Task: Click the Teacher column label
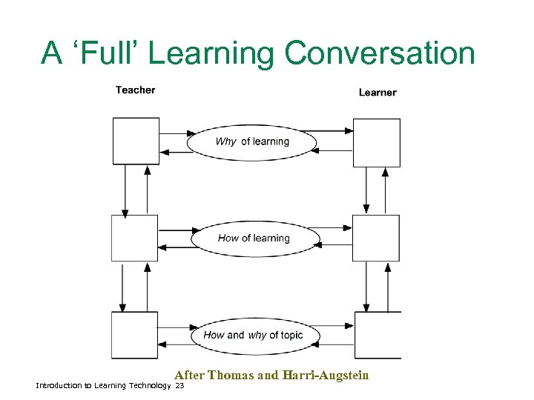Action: pyautogui.click(x=135, y=90)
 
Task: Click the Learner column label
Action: pyautogui.click(x=378, y=93)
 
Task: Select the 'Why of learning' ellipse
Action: pyautogui.click(x=251, y=141)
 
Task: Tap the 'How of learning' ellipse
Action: pyautogui.click(x=255, y=239)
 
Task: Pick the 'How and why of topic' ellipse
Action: pyautogui.click(x=253, y=336)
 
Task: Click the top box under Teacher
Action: pyautogui.click(x=135, y=141)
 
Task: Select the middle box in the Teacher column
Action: pyautogui.click(x=134, y=239)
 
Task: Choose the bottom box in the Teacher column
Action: pyautogui.click(x=134, y=335)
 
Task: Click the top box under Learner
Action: pyautogui.click(x=376, y=142)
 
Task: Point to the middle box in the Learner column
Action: pyautogui.click(x=375, y=239)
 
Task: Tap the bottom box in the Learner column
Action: pyautogui.click(x=378, y=335)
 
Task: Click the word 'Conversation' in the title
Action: pyautogui.click(x=380, y=53)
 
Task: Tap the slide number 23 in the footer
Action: pyautogui.click(x=179, y=386)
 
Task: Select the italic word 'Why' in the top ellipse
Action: pyautogui.click(x=225, y=141)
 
